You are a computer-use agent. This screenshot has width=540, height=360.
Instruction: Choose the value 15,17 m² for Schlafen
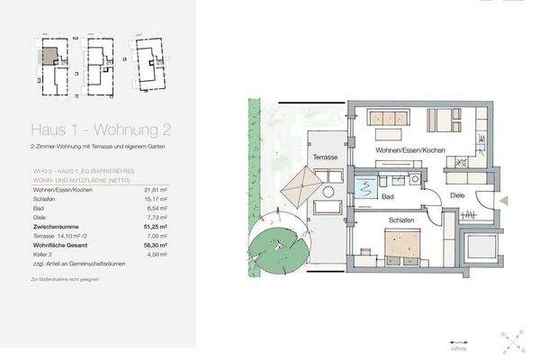[x=157, y=200]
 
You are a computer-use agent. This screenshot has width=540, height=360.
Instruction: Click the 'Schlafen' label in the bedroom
[x=400, y=218]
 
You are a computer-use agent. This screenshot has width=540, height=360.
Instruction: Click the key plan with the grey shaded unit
[x=53, y=63]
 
